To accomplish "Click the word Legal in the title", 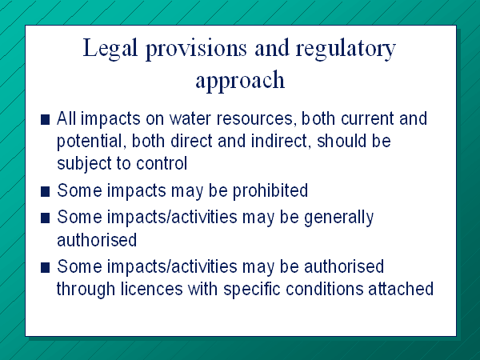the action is coord(110,49).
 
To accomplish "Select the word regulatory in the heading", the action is coord(346,49).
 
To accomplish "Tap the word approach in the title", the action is coord(240,80).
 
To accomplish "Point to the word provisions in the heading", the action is coord(196,49).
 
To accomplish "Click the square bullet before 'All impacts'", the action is coord(45,119).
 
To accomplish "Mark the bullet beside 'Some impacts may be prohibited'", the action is coord(45,192).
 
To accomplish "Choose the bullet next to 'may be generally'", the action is coord(45,218).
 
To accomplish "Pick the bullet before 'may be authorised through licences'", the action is coord(45,267).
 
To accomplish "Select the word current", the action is coord(367,118).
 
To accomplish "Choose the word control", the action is coord(162,163).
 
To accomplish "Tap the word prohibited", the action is coord(270,191).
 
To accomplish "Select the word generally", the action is coord(339,218).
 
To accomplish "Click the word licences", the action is coord(151,289).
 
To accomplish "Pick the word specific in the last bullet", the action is coord(252,290).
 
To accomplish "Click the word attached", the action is coord(401,289).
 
